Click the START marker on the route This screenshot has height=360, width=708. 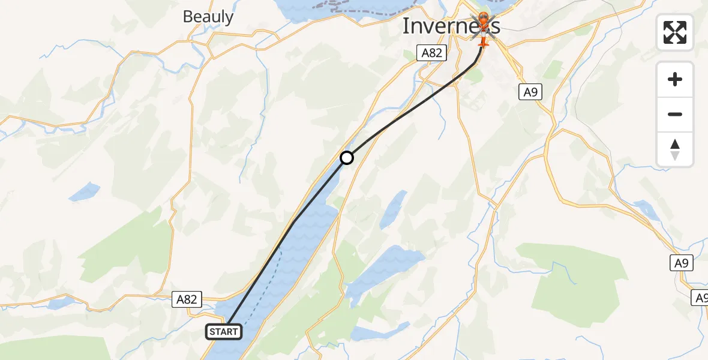[224, 332]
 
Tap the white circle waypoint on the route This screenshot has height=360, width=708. [347, 158]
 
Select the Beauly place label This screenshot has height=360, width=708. [208, 17]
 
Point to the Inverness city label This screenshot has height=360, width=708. [451, 26]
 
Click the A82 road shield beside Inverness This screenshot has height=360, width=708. [431, 53]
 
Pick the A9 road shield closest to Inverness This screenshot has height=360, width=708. [530, 91]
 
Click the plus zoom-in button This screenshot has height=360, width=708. [675, 79]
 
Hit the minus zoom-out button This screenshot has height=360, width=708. [675, 114]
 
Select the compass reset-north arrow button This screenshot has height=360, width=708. [675, 149]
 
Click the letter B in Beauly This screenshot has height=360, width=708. [188, 17]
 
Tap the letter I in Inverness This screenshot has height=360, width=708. [406, 26]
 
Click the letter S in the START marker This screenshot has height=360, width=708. [213, 332]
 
